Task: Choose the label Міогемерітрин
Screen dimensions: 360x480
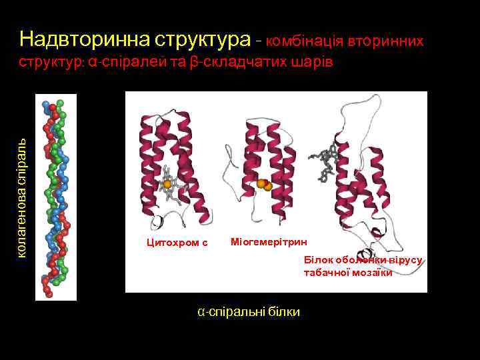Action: tap(261, 241)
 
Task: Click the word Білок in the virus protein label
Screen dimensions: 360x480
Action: tap(318, 259)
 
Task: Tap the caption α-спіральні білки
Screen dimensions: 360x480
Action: tap(249, 311)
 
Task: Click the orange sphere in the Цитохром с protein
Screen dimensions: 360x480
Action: tap(167, 184)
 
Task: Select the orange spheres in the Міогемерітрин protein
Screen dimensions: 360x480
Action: tap(265, 184)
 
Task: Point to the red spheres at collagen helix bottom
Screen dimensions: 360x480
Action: tap(47, 287)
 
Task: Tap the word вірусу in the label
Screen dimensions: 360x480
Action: tap(407, 259)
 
